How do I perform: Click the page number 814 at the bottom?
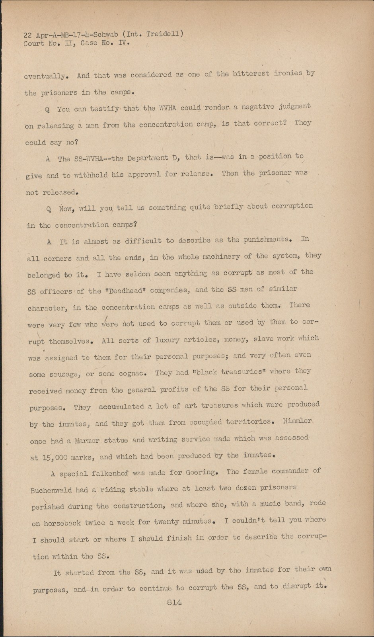click(x=174, y=602)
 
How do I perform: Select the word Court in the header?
click(x=34, y=43)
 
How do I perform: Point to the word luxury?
click(x=167, y=340)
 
